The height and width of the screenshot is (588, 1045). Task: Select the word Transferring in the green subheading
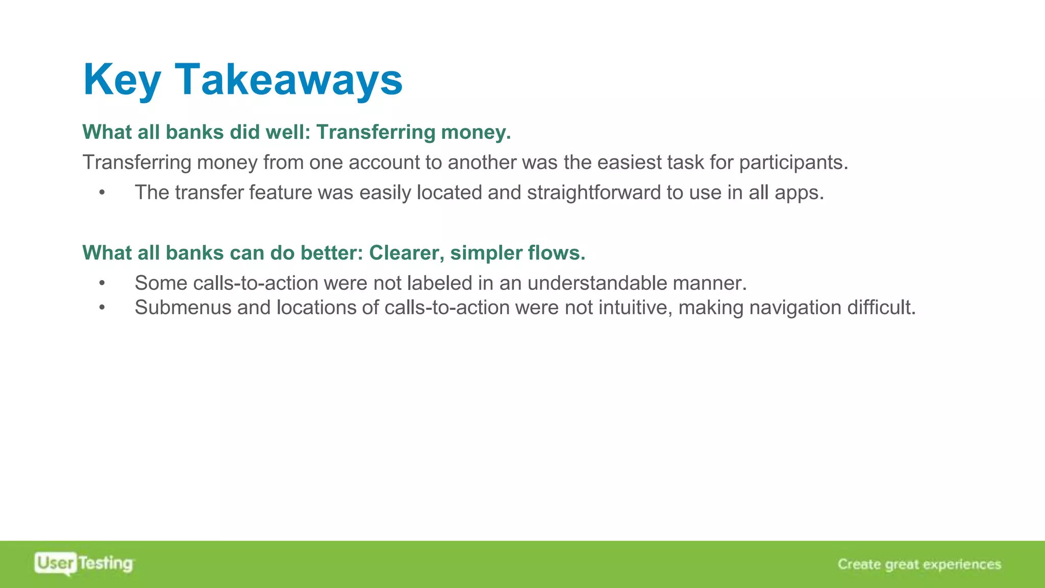[376, 132]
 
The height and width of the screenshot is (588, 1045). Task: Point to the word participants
[793, 163]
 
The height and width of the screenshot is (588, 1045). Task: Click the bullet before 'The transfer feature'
[102, 193]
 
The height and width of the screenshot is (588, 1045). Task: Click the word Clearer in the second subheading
[406, 253]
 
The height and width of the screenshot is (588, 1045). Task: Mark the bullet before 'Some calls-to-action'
[102, 283]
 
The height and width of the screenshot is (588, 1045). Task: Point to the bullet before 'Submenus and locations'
[102, 308]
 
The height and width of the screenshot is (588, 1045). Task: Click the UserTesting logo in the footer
[84, 563]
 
